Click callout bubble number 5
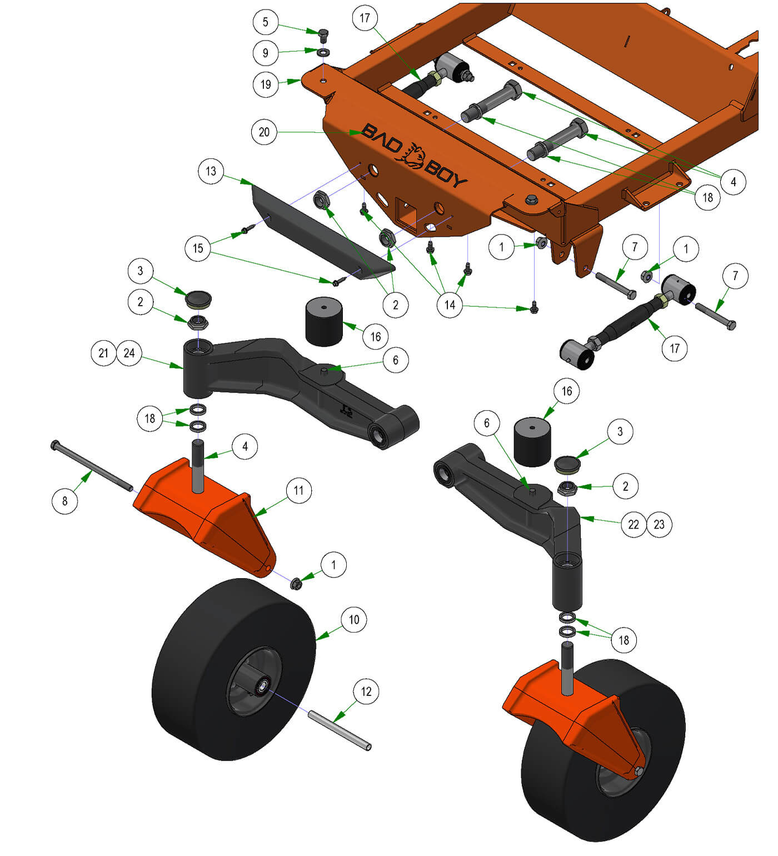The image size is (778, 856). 266,22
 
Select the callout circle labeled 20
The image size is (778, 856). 265,132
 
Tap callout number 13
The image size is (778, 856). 211,171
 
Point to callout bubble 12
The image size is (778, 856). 366,691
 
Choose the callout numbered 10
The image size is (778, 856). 354,619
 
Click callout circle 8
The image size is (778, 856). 65,501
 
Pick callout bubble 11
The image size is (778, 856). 299,490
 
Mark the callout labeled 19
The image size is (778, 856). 266,84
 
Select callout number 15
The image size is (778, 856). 198,248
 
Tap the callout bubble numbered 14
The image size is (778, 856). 450,305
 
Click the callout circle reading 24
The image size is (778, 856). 129,353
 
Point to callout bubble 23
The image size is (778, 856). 659,524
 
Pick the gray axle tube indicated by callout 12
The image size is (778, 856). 340,730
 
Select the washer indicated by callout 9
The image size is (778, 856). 324,52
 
